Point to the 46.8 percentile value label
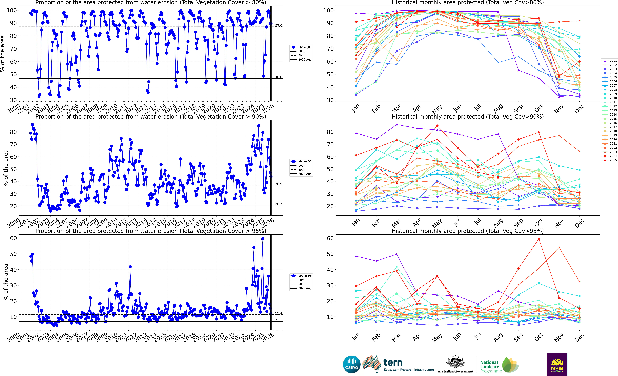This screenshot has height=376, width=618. point(278,77)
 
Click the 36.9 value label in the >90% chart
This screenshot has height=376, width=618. point(278,184)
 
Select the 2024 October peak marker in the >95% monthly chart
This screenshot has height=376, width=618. point(539,239)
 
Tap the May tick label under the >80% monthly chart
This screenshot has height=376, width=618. point(437,109)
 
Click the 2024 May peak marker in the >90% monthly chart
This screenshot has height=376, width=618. point(437,126)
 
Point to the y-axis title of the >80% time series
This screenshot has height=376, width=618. point(3,53)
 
